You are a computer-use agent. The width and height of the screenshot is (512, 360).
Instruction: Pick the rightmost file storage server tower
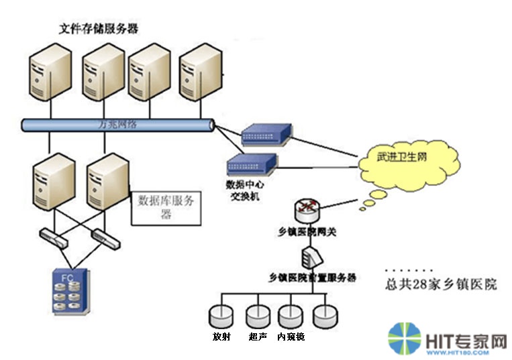[x=199, y=72]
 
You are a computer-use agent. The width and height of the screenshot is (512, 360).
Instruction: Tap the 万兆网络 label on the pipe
[x=117, y=125]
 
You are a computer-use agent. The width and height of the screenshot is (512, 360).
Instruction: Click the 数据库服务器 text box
[x=164, y=206]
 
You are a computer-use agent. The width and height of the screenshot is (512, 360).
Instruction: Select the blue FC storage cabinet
[x=72, y=290]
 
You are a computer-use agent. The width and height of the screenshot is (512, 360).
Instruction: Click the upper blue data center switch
[x=266, y=135]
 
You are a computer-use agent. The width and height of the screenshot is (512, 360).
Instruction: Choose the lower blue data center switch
[x=252, y=164]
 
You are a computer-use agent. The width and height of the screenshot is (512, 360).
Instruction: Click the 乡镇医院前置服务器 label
[x=311, y=278]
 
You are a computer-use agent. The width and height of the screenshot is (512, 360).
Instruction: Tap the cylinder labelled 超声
[x=257, y=316]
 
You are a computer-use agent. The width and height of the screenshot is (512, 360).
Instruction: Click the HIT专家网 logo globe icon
[x=404, y=339]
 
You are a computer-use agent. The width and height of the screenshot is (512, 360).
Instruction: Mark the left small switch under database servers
[x=52, y=236]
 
